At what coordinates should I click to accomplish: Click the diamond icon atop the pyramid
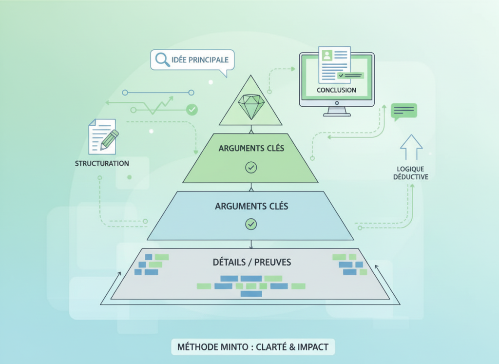(250, 106)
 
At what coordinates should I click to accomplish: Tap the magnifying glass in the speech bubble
(161, 60)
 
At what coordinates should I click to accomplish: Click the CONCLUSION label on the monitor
(336, 90)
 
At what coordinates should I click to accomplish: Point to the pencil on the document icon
(110, 139)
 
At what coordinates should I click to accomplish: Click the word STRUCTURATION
(102, 163)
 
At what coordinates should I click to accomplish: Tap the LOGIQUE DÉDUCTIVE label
(411, 172)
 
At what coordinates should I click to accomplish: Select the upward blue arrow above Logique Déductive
(411, 147)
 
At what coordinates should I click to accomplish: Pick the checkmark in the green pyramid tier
(251, 168)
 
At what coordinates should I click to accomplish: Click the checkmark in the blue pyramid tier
(251, 224)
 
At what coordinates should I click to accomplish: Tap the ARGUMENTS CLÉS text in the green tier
(251, 148)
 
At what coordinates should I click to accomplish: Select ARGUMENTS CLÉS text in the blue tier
(251, 206)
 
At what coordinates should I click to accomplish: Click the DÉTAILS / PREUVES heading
(251, 262)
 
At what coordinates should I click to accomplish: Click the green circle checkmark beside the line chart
(192, 110)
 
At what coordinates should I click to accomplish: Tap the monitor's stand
(337, 112)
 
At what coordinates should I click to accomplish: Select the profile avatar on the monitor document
(327, 56)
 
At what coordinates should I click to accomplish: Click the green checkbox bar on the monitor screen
(351, 76)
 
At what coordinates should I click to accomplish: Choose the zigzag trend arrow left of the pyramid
(156, 105)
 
